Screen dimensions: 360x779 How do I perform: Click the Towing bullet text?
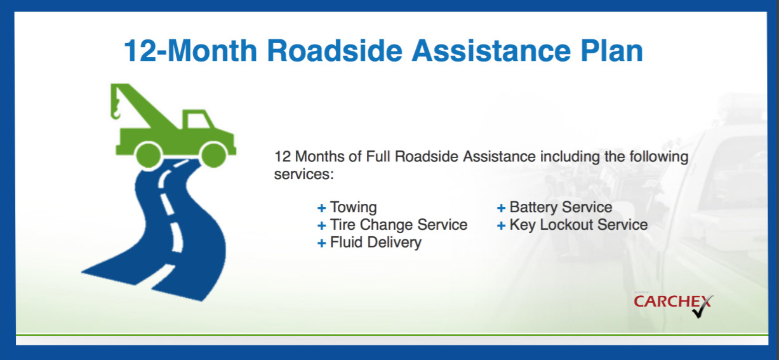click(353, 208)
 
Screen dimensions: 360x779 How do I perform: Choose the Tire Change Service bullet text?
click(398, 225)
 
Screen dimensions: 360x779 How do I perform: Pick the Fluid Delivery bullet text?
click(375, 243)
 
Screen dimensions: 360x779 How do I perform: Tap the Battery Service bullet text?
click(561, 208)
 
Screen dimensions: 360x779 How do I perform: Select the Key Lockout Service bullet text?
click(578, 225)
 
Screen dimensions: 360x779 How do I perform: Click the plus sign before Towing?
click(322, 208)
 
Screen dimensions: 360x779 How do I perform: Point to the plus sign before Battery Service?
click(501, 208)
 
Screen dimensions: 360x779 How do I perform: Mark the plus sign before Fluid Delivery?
click(322, 243)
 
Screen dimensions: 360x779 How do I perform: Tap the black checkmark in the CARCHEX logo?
click(702, 309)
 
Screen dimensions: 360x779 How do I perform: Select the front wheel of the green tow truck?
click(213, 154)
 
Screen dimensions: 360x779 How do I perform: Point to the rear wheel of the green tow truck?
click(149, 154)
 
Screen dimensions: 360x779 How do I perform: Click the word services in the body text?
click(303, 174)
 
